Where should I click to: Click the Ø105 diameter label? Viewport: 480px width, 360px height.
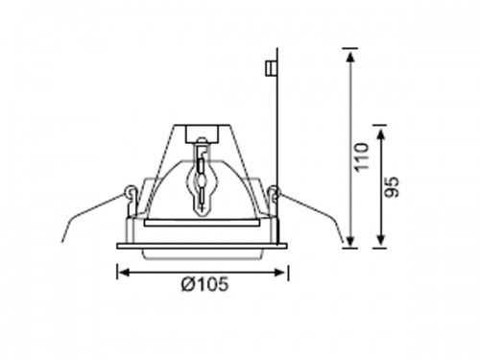click(x=205, y=284)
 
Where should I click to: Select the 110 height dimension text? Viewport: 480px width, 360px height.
click(x=362, y=157)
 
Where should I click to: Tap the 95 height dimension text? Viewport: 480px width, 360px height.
click(x=392, y=187)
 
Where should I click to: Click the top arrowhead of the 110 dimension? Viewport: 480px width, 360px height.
click(x=351, y=58)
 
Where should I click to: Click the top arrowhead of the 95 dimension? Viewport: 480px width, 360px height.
click(x=381, y=133)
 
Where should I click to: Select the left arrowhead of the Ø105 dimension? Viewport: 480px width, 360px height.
click(x=123, y=273)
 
